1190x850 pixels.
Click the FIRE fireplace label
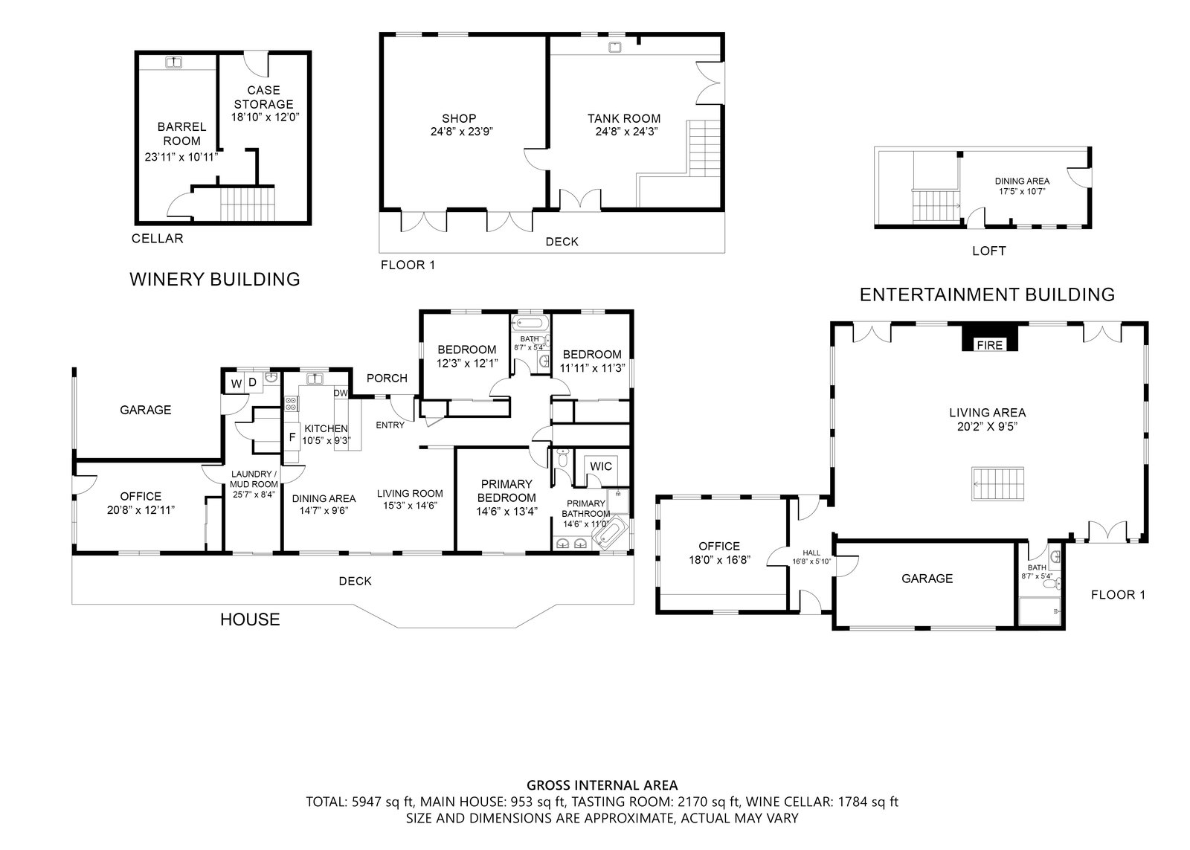[x=990, y=345]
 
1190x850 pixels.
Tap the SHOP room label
[x=459, y=118]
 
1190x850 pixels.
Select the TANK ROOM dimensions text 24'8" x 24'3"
[x=627, y=131]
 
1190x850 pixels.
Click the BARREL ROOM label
[x=181, y=134]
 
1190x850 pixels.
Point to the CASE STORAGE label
[x=263, y=97]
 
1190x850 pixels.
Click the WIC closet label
[x=601, y=466]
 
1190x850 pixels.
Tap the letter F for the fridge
[x=292, y=438]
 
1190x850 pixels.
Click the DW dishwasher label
[x=341, y=393]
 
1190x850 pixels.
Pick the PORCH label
[x=387, y=379]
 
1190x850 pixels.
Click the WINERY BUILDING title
[x=215, y=280]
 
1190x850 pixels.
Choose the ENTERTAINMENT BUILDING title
[x=987, y=294]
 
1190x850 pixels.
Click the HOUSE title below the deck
[x=250, y=619]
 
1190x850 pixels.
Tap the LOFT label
[x=988, y=251]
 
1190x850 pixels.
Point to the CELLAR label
[x=157, y=239]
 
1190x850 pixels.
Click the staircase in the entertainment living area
[x=997, y=483]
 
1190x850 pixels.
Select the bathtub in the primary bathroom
[x=610, y=532]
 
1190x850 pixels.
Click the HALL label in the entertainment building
[x=811, y=553]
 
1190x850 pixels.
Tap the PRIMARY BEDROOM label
[x=506, y=491]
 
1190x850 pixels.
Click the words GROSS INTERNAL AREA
[x=602, y=785]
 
